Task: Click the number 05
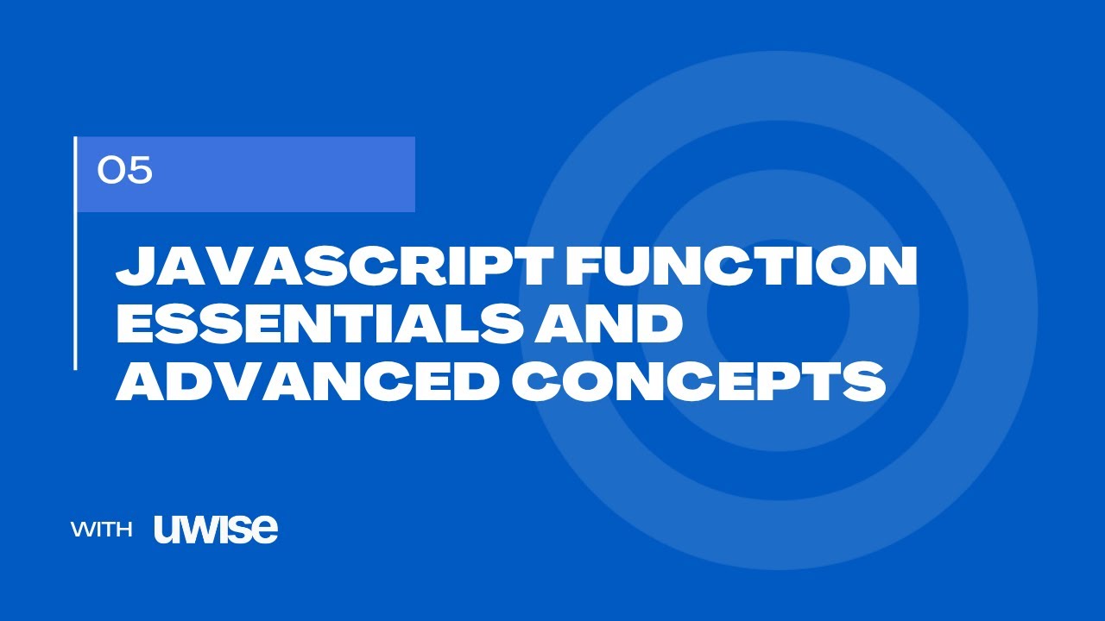pyautogui.click(x=125, y=172)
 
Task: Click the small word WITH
pyautogui.click(x=102, y=530)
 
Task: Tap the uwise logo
pyautogui.click(x=216, y=529)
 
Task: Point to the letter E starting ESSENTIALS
pyautogui.click(x=136, y=324)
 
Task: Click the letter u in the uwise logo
pyautogui.click(x=167, y=530)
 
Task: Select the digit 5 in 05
pyautogui.click(x=139, y=172)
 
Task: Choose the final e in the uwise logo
pyautogui.click(x=266, y=530)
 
